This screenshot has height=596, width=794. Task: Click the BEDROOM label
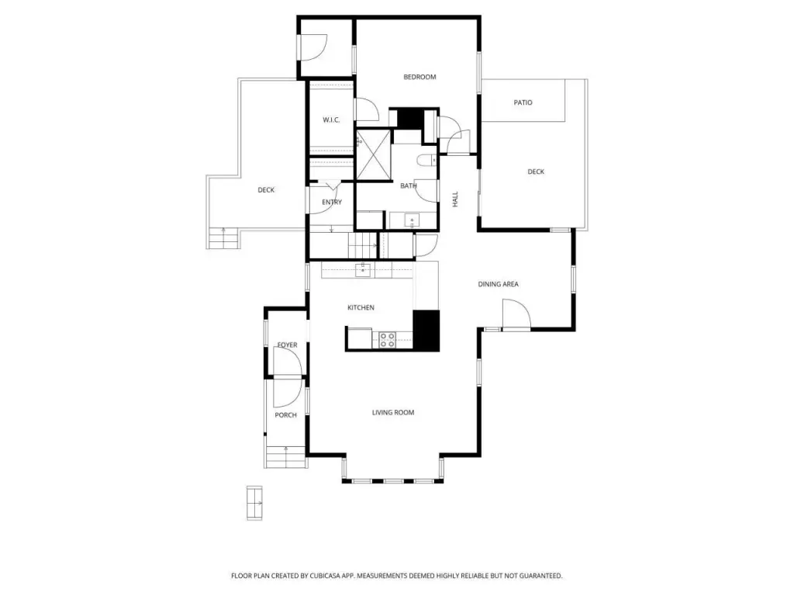click(419, 77)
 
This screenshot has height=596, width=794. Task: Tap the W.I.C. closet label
click(331, 120)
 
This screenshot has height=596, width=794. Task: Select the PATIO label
click(523, 102)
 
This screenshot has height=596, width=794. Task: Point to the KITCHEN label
click(361, 307)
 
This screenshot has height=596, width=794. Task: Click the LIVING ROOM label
click(393, 413)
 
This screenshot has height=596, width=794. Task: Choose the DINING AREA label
click(499, 284)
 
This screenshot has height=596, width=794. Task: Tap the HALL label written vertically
click(455, 199)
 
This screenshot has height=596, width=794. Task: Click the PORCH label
click(285, 415)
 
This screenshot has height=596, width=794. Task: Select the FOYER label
click(287, 345)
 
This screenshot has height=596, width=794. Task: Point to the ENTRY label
click(332, 203)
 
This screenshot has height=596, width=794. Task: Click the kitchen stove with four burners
click(388, 340)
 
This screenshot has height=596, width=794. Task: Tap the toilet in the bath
click(427, 161)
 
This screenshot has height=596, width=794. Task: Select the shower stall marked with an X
click(374, 154)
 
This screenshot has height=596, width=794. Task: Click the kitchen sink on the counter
click(363, 270)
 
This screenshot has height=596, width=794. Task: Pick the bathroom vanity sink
click(412, 221)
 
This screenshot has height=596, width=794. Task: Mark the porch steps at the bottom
click(286, 457)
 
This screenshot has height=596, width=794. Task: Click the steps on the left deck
click(223, 238)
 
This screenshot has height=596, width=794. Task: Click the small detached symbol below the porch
click(254, 503)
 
